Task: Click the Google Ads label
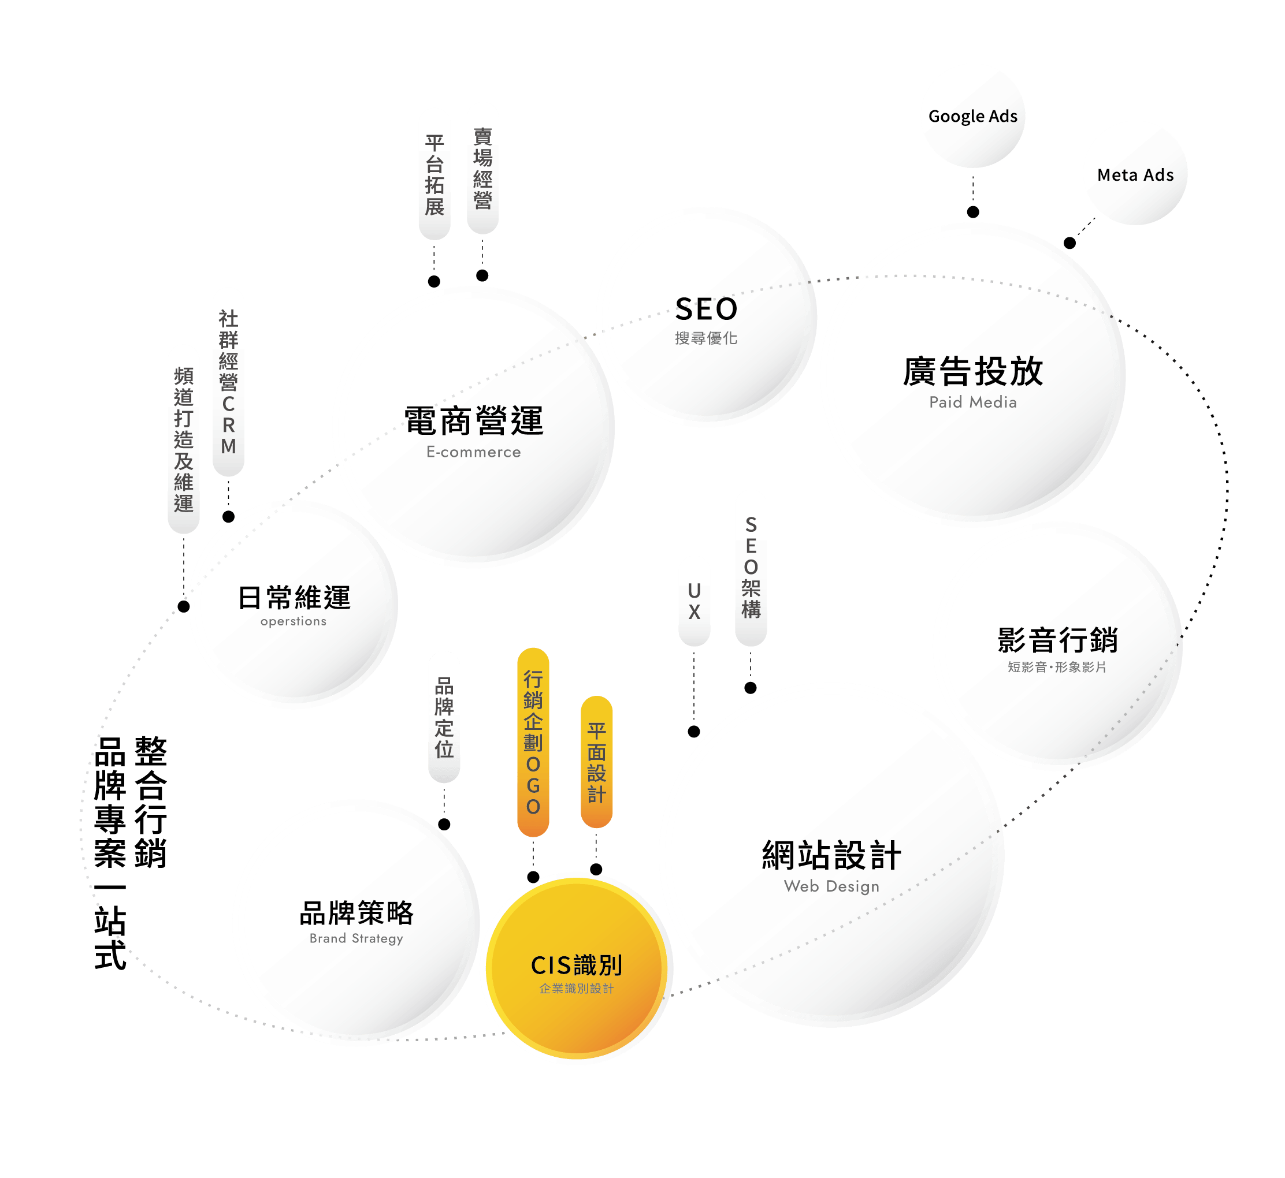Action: coord(972,117)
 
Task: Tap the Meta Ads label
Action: coord(1135,176)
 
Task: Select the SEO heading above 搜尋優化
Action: coord(706,309)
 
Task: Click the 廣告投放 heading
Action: coord(972,372)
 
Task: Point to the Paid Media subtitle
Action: coord(972,402)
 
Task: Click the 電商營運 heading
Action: coord(474,422)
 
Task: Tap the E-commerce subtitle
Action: coord(474,452)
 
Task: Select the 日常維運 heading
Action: coord(294,598)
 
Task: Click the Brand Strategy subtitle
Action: coord(356,938)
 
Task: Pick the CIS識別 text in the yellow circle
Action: coord(577,965)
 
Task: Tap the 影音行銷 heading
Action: coord(1057,640)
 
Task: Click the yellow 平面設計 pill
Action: coord(596,762)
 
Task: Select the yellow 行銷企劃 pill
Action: coord(533,742)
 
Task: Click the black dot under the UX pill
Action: coord(694,732)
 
